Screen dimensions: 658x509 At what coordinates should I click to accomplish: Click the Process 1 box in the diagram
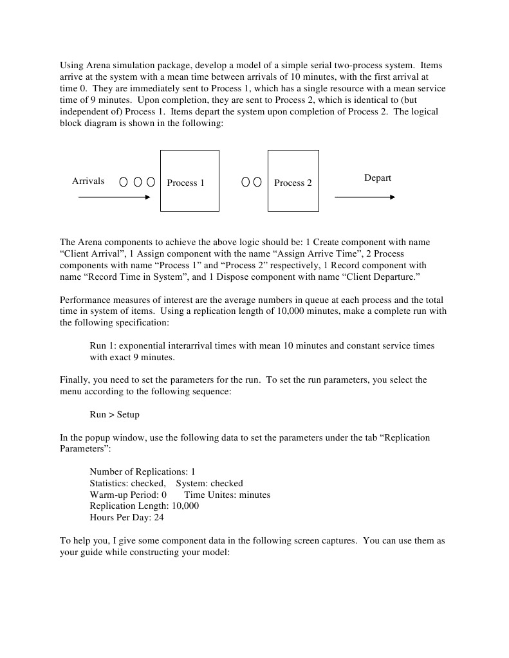pos(189,181)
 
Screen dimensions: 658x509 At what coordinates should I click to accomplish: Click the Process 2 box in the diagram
pos(293,181)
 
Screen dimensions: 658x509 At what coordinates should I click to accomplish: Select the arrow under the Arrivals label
pos(114,197)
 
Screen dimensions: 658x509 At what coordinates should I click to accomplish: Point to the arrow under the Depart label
pos(365,197)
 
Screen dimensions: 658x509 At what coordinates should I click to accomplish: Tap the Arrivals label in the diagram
pos(88,181)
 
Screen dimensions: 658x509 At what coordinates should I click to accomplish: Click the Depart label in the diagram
pos(378,178)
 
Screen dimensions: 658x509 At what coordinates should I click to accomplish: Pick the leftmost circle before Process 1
pos(124,183)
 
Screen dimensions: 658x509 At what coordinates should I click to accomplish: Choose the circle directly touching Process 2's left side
pos(257,183)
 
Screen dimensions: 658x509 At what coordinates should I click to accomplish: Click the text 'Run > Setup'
pos(115,414)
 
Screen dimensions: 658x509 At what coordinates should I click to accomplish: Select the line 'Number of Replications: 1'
pos(142,471)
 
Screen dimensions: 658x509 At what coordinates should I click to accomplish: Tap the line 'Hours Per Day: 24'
pos(127,517)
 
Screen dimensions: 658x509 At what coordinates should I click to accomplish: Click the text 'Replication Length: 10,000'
pos(144,506)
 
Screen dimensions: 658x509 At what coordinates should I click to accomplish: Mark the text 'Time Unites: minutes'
pos(227,495)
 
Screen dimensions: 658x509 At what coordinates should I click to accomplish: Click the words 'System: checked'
pos(210,483)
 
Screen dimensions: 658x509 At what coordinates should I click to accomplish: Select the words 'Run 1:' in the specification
pos(104,345)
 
